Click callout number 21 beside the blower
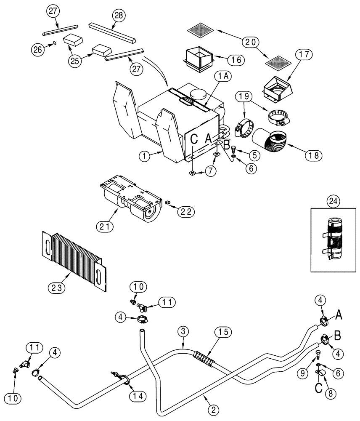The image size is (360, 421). pyautogui.click(x=106, y=226)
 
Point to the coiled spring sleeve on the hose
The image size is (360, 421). pyautogui.click(x=205, y=360)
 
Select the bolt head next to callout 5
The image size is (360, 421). pyautogui.click(x=234, y=149)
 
